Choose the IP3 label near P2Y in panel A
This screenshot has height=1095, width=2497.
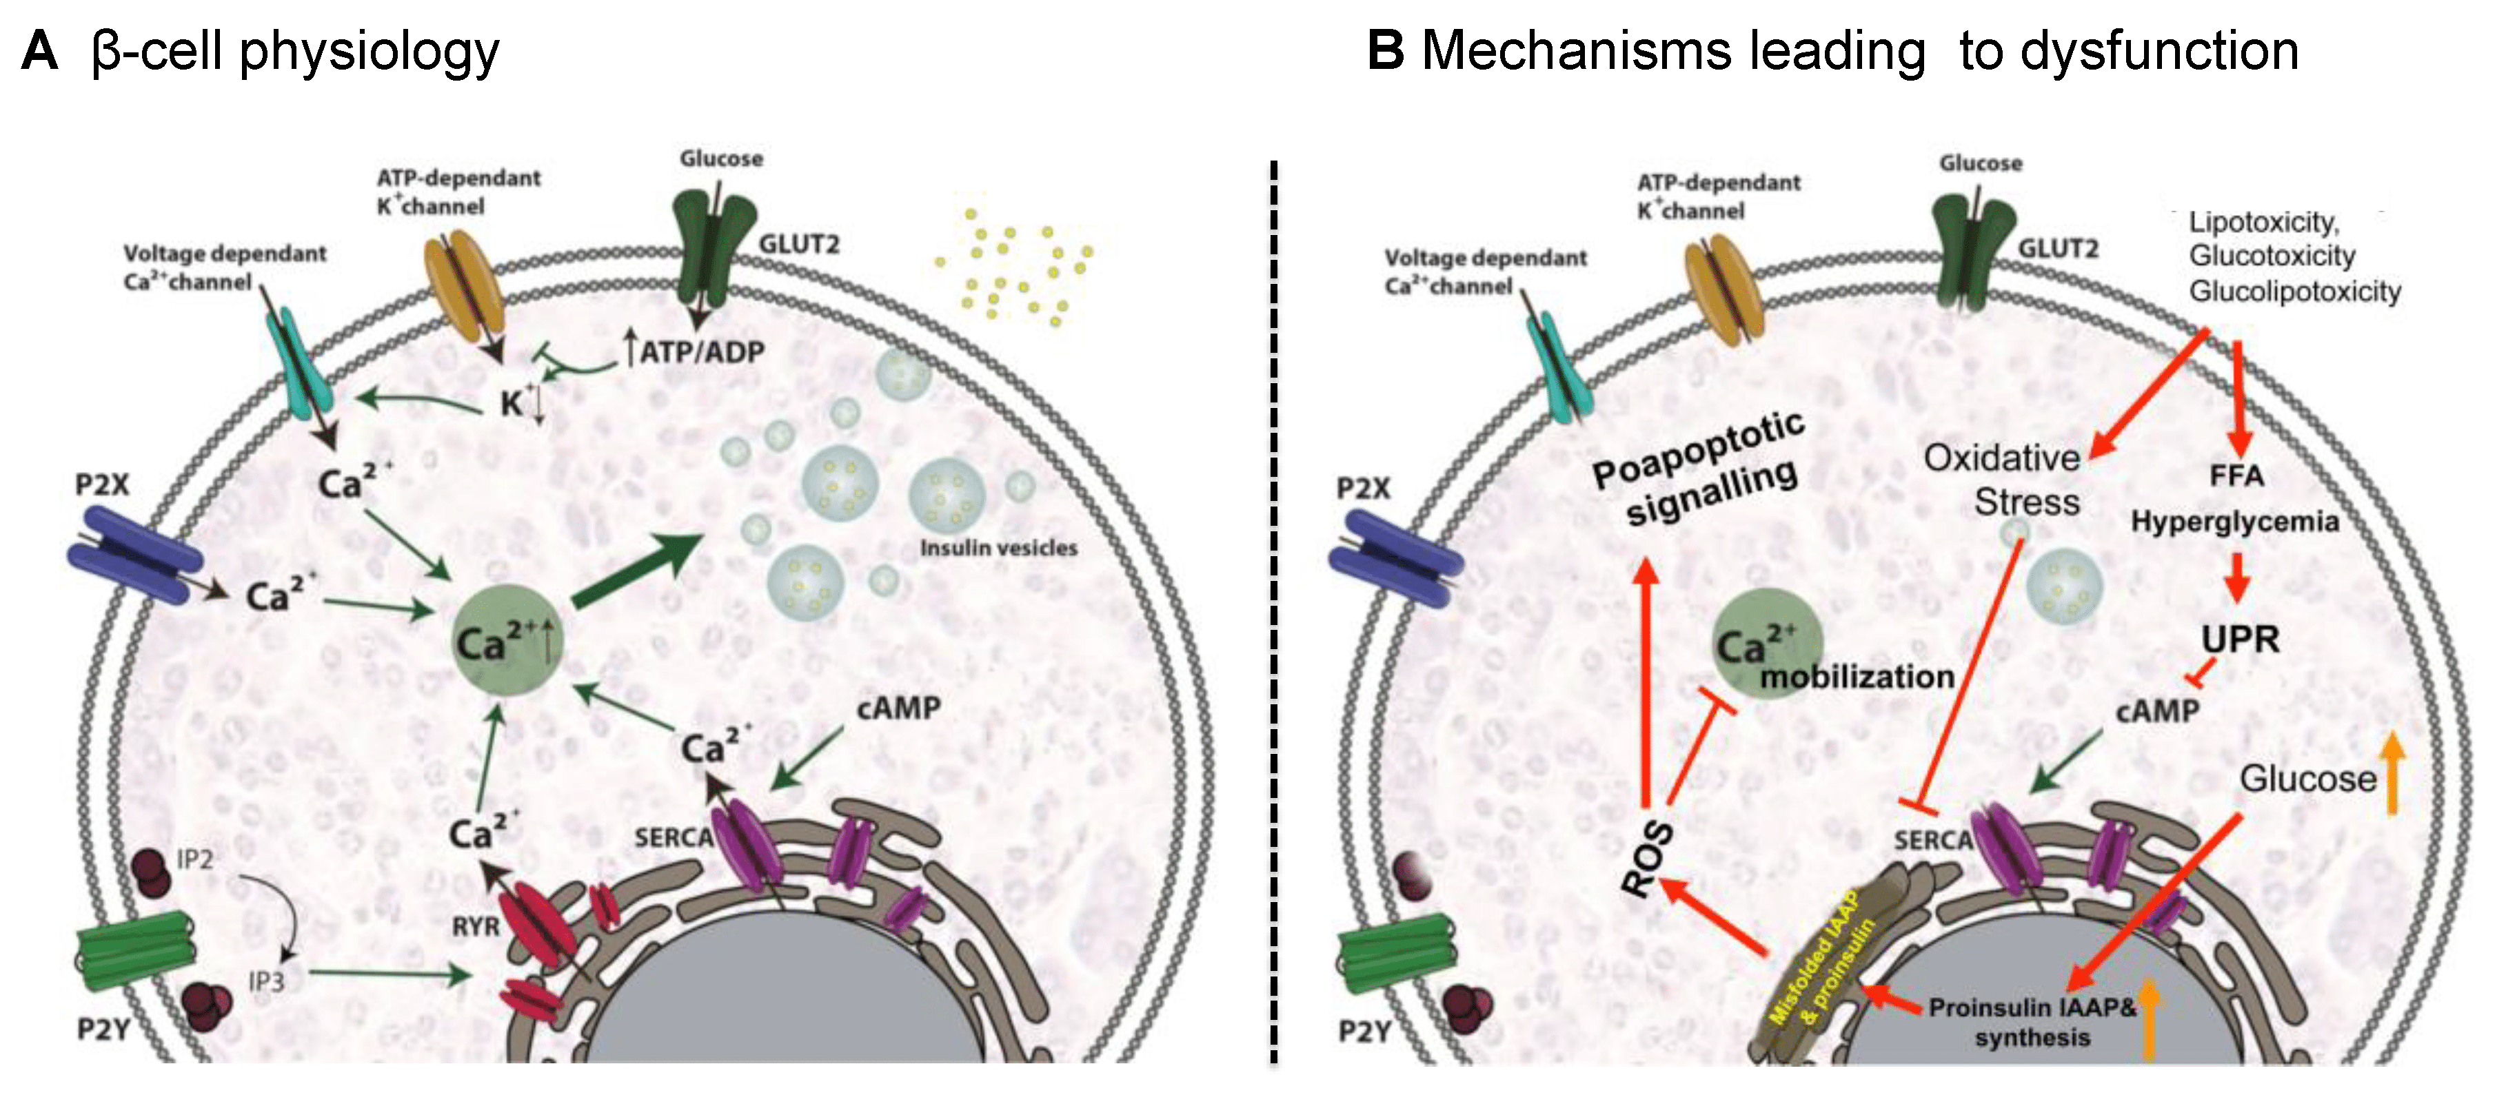[265, 981]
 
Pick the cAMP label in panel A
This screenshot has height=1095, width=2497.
[898, 708]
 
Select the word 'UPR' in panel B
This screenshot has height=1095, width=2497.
[2239, 639]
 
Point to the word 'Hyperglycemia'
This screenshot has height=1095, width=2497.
[2234, 522]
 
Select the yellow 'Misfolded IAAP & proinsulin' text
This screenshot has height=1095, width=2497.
[1822, 959]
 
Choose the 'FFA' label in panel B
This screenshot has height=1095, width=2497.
[2236, 475]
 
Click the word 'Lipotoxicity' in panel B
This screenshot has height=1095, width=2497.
[2263, 223]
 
